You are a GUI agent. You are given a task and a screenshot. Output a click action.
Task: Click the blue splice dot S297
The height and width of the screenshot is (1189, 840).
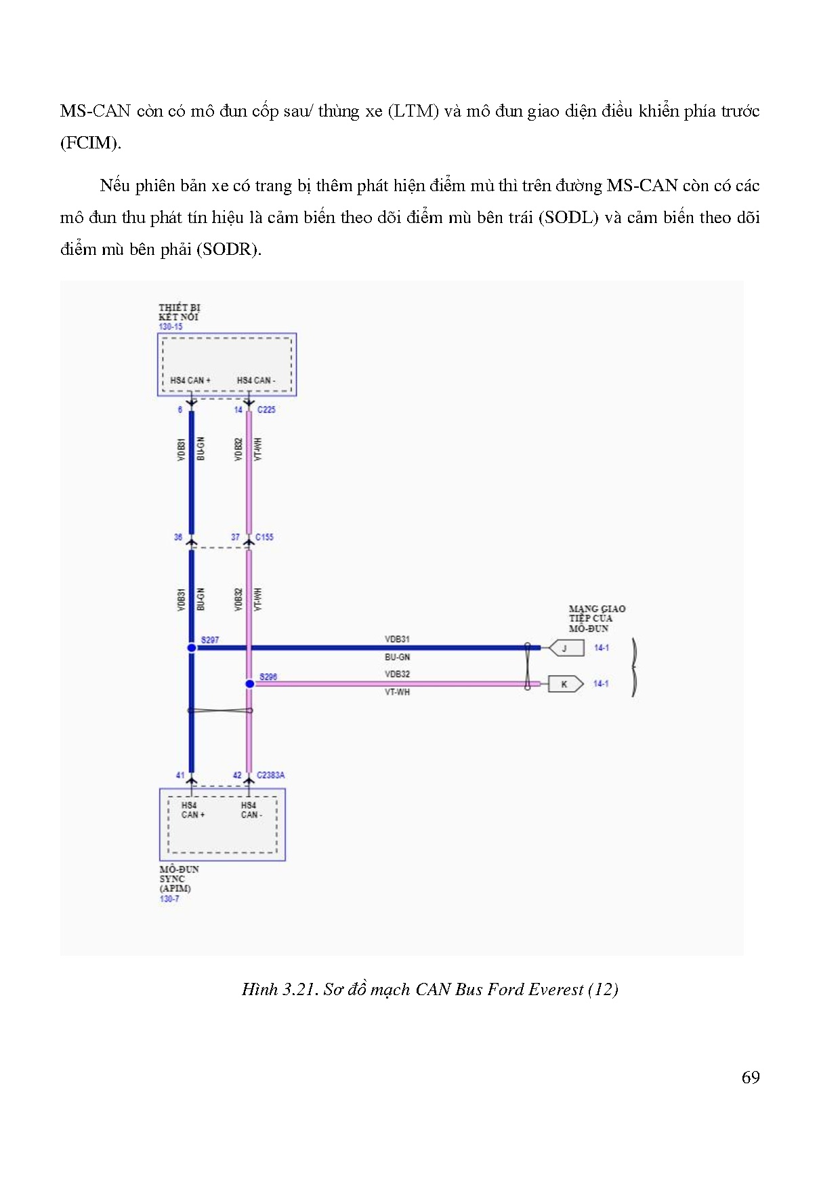(192, 648)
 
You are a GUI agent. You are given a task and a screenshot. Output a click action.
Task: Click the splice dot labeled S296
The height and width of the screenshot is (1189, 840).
(249, 684)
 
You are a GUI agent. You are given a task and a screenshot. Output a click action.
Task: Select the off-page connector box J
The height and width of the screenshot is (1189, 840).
(565, 648)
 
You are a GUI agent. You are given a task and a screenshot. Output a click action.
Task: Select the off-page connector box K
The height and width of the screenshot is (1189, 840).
(565, 684)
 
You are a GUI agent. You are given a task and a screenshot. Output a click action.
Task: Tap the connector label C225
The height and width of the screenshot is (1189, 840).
(266, 409)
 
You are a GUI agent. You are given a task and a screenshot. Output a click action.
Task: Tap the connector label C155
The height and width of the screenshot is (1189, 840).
(264, 537)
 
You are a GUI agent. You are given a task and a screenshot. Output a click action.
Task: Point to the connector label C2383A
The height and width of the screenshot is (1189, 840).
(270, 775)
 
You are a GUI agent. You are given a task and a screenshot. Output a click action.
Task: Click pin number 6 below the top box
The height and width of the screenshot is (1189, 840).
(180, 409)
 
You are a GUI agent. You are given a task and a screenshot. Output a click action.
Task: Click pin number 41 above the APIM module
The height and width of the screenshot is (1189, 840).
(180, 775)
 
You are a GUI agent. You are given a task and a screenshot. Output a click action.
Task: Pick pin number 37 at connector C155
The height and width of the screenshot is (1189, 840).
(235, 537)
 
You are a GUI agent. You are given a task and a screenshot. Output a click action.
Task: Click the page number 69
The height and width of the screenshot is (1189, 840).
(751, 1078)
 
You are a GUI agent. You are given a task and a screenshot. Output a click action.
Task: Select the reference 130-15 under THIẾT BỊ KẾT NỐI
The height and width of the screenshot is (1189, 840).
(171, 327)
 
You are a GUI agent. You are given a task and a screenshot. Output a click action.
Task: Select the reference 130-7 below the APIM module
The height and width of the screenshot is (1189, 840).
(169, 899)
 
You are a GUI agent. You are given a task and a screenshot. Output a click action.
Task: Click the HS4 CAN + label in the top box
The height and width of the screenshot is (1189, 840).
(190, 380)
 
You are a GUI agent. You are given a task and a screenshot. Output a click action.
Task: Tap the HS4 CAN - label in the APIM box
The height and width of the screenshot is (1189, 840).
(251, 810)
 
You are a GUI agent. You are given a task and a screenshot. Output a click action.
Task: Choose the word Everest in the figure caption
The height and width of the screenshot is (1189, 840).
(555, 990)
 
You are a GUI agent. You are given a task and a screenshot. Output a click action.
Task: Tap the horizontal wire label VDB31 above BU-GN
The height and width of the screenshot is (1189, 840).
(397, 639)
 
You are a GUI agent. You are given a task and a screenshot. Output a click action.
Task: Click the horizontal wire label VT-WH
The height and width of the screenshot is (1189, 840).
(397, 692)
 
